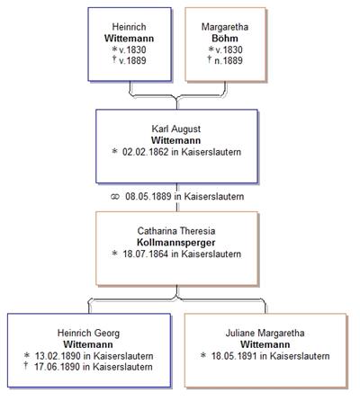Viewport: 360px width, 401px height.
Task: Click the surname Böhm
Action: [225, 39]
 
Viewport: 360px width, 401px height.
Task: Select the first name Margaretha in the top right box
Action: [225, 27]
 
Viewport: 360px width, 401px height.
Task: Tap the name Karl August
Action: [176, 129]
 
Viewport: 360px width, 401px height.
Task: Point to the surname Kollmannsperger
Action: [176, 243]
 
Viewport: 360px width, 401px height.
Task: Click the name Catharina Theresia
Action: [176, 231]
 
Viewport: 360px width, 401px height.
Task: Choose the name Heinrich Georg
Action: [88, 334]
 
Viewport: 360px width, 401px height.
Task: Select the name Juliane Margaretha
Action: [265, 334]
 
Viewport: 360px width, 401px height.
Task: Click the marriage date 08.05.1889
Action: [148, 197]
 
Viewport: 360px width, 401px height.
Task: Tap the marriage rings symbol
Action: [115, 197]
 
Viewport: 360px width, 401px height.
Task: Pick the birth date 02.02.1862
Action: [146, 152]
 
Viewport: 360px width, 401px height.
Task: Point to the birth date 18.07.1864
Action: [146, 254]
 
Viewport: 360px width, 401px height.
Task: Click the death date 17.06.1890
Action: [58, 367]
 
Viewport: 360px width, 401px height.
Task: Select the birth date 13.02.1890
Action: [58, 356]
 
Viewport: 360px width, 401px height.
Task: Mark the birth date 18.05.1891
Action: [234, 356]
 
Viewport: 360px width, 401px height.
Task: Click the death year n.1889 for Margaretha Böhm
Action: [229, 60]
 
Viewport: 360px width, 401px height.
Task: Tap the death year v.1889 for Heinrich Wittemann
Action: [132, 60]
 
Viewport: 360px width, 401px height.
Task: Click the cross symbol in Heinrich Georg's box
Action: [26, 365]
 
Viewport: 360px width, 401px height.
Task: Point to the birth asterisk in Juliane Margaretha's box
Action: [203, 355]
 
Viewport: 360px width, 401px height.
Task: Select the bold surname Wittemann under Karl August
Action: [176, 140]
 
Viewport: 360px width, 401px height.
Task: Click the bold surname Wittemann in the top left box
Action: [129, 39]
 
